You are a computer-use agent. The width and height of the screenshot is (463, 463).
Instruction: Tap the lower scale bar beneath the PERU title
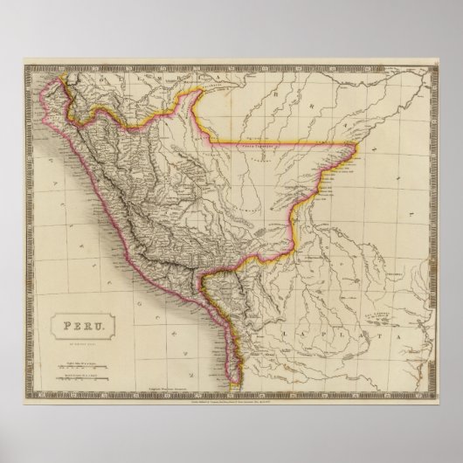click(x=79, y=353)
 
